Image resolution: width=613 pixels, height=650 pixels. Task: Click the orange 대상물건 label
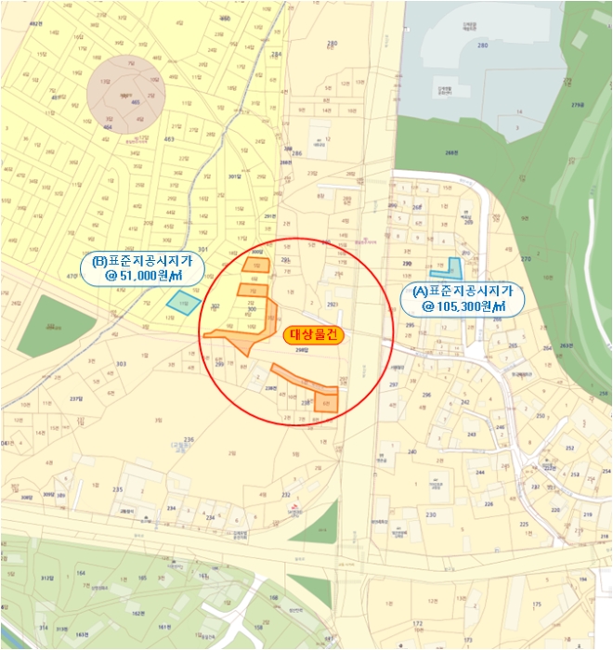312,336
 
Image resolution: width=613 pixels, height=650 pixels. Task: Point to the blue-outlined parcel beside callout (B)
183,301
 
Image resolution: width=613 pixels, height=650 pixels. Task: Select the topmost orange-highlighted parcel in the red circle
255,265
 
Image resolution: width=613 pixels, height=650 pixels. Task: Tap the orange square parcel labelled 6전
326,401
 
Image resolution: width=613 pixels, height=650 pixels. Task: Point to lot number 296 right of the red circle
426,395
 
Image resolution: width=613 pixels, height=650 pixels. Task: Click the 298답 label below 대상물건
301,350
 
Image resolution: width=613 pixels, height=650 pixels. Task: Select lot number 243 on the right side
472,434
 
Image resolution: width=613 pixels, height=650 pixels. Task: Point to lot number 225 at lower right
524,525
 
